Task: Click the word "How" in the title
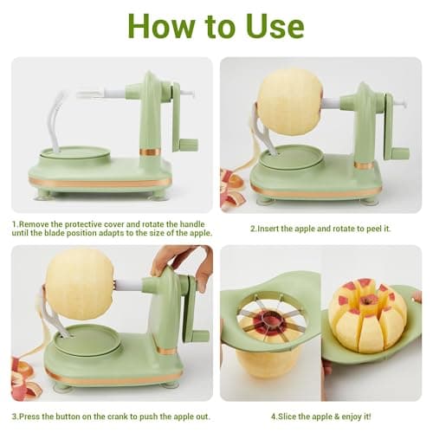pyautogui.click(x=162, y=26)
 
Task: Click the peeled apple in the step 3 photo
pyautogui.click(x=80, y=284)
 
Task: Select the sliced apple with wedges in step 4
pyautogui.click(x=368, y=316)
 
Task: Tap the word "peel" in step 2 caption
pyautogui.click(x=374, y=229)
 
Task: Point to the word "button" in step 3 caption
pyautogui.click(x=68, y=417)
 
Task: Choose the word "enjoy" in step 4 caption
pyautogui.click(x=352, y=417)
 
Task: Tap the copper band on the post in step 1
pyautogui.click(x=150, y=152)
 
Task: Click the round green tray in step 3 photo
pyautogui.click(x=87, y=339)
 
